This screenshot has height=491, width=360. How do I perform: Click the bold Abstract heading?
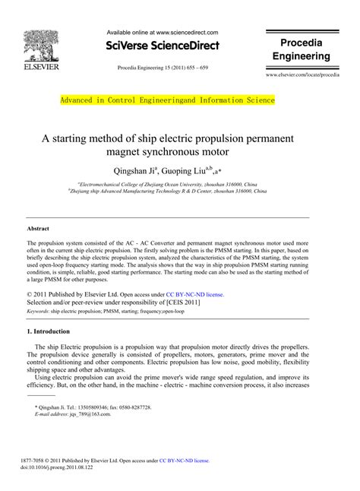point(38,228)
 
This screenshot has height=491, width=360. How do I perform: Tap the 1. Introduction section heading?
point(53,332)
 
